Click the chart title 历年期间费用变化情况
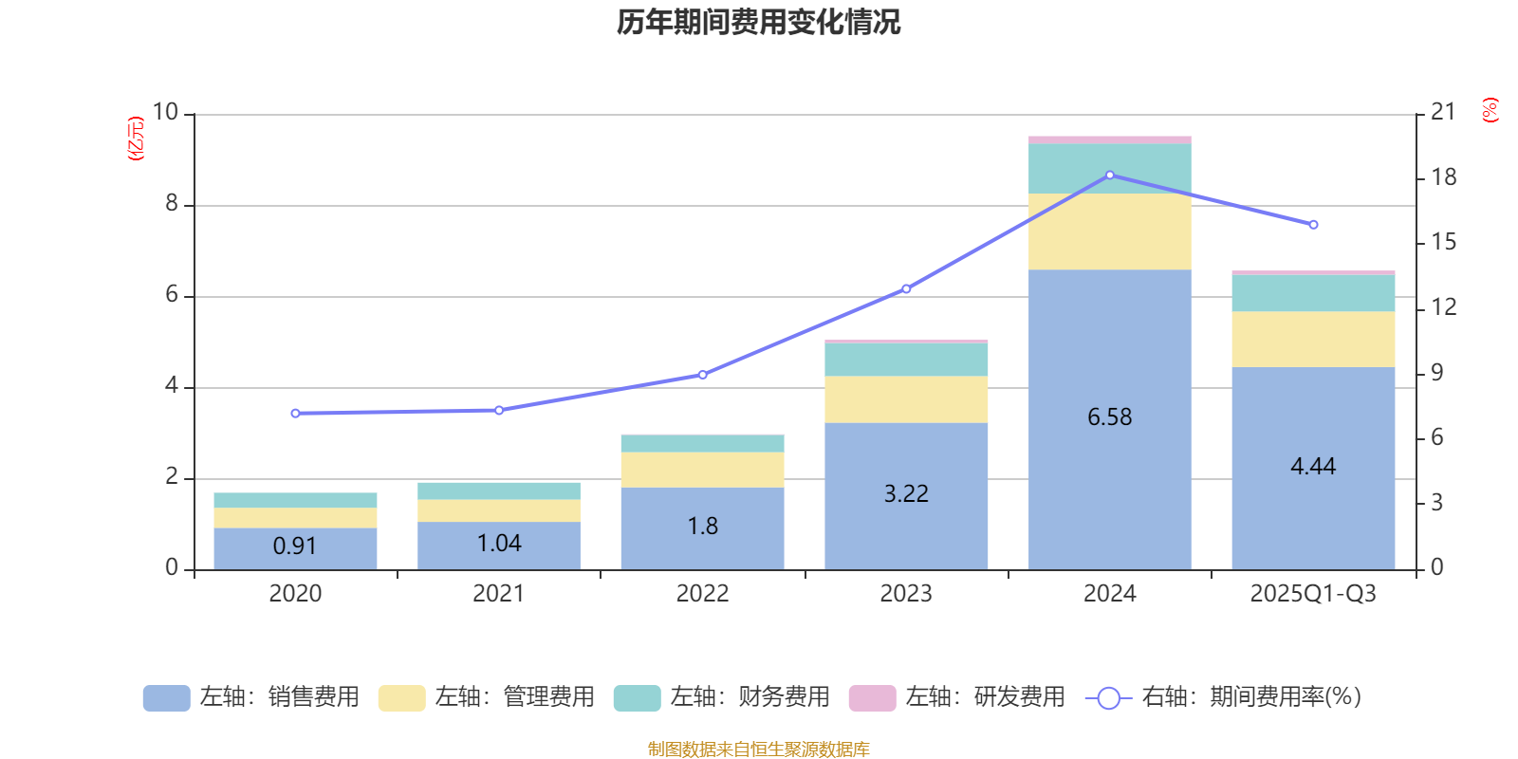coord(758,23)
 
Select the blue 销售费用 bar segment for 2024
coord(1109,474)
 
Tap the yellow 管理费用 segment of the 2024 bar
coord(1109,231)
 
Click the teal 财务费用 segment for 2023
coord(906,360)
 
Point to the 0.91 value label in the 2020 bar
coord(294,546)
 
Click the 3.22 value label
coord(906,494)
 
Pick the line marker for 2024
coord(1110,176)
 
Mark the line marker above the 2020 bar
coord(295,414)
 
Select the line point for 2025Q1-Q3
coord(1313,225)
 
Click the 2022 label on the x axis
coord(702,594)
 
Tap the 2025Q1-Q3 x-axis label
coord(1313,594)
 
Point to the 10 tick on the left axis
coord(166,113)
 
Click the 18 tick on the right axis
coord(1443,177)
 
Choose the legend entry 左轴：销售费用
coord(251,697)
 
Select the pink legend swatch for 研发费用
coord(872,697)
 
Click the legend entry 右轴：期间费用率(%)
coord(1229,697)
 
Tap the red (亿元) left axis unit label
coord(137,139)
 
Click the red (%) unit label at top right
coord(1490,110)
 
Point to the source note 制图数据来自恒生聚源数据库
coord(758,750)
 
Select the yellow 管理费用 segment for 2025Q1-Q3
coord(1313,339)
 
